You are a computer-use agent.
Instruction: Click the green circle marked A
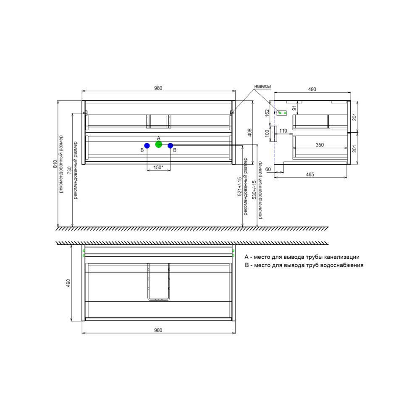(159, 144)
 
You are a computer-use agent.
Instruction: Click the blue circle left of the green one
(147, 145)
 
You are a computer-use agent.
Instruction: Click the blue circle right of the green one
(171, 145)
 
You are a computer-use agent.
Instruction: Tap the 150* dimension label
(158, 168)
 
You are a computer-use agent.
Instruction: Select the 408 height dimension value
(249, 133)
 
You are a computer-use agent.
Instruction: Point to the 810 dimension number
(55, 164)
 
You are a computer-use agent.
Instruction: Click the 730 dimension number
(70, 171)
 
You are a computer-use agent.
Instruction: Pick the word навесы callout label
(262, 86)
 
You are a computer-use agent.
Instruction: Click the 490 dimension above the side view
(312, 89)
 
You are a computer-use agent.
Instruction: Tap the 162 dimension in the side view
(267, 113)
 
